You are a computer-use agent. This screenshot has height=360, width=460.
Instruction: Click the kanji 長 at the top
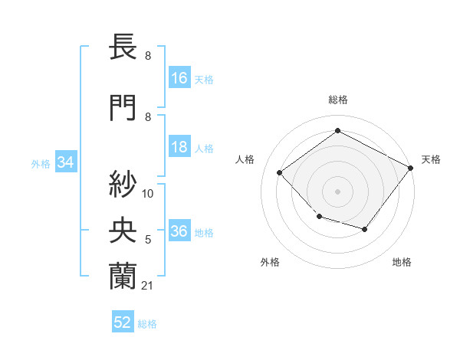[123, 47]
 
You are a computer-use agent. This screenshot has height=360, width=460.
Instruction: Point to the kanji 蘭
[123, 273]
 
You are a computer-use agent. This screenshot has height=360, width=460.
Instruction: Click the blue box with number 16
[179, 78]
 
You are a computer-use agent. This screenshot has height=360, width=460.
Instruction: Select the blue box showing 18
[179, 147]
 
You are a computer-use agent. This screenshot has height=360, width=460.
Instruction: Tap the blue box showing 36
[179, 231]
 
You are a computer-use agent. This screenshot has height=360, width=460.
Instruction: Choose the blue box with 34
[65, 162]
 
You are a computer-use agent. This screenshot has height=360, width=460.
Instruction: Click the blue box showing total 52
[123, 322]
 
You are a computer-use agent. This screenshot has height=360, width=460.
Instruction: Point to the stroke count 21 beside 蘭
[147, 286]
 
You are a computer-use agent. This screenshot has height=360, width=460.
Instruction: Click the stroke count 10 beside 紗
[148, 194]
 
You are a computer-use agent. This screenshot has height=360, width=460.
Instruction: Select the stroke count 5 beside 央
[147, 240]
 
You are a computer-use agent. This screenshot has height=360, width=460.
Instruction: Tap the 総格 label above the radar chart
[337, 100]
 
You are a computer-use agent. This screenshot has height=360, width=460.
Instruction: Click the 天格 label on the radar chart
[431, 159]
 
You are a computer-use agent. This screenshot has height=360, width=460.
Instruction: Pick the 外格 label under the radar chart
[270, 262]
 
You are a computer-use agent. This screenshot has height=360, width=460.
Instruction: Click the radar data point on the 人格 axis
[280, 172]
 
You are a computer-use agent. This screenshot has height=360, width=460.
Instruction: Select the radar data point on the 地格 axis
[365, 229]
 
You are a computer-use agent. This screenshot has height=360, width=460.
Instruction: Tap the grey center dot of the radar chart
[337, 191]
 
